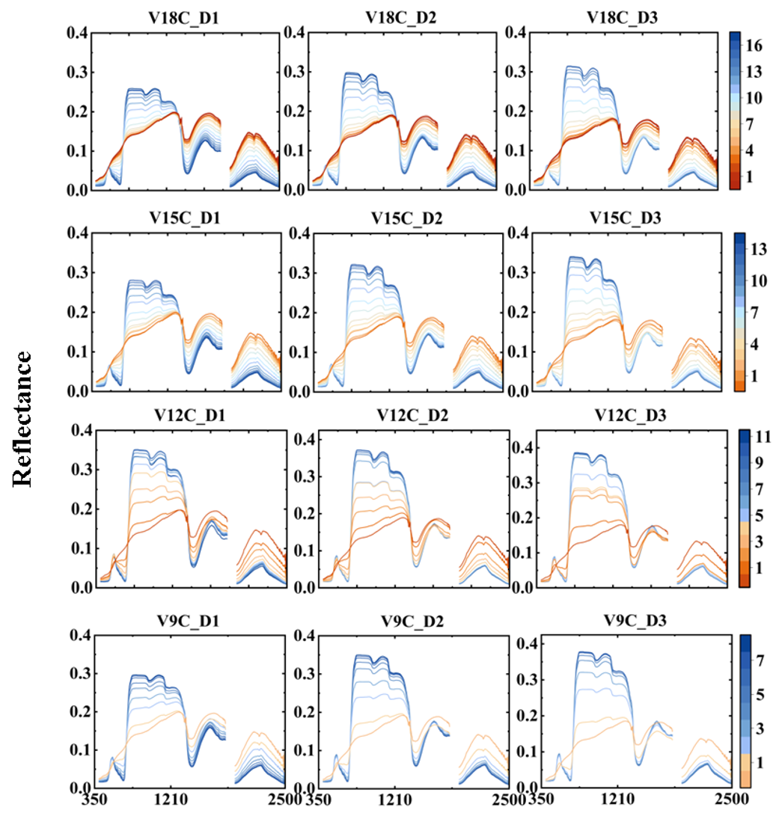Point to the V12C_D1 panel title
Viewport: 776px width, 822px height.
point(191,416)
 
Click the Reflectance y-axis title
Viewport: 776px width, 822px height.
point(23,419)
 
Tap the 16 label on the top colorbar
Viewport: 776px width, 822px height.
point(754,47)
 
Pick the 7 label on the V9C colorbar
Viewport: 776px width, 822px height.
point(754,660)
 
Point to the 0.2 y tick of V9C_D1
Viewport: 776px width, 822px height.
point(79,711)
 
